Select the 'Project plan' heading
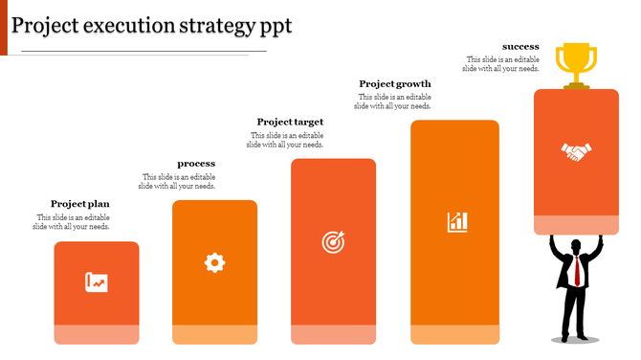pyautogui.click(x=80, y=204)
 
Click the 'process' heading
pyautogui.click(x=196, y=164)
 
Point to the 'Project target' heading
pyautogui.click(x=290, y=122)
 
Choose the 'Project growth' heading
pyautogui.click(x=395, y=83)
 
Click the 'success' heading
pyautogui.click(x=520, y=46)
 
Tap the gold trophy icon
pyautogui.click(x=576, y=63)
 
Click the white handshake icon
pyautogui.click(x=576, y=151)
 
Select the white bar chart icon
pyautogui.click(x=457, y=222)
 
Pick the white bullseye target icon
pyautogui.click(x=333, y=242)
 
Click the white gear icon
pyautogui.click(x=214, y=261)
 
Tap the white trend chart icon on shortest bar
pyautogui.click(x=97, y=282)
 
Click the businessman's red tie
pyautogui.click(x=577, y=272)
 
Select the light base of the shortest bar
pyautogui.click(x=97, y=334)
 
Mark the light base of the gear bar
pyautogui.click(x=214, y=334)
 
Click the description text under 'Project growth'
pyautogui.click(x=392, y=101)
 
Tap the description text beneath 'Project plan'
pyautogui.click(x=72, y=222)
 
